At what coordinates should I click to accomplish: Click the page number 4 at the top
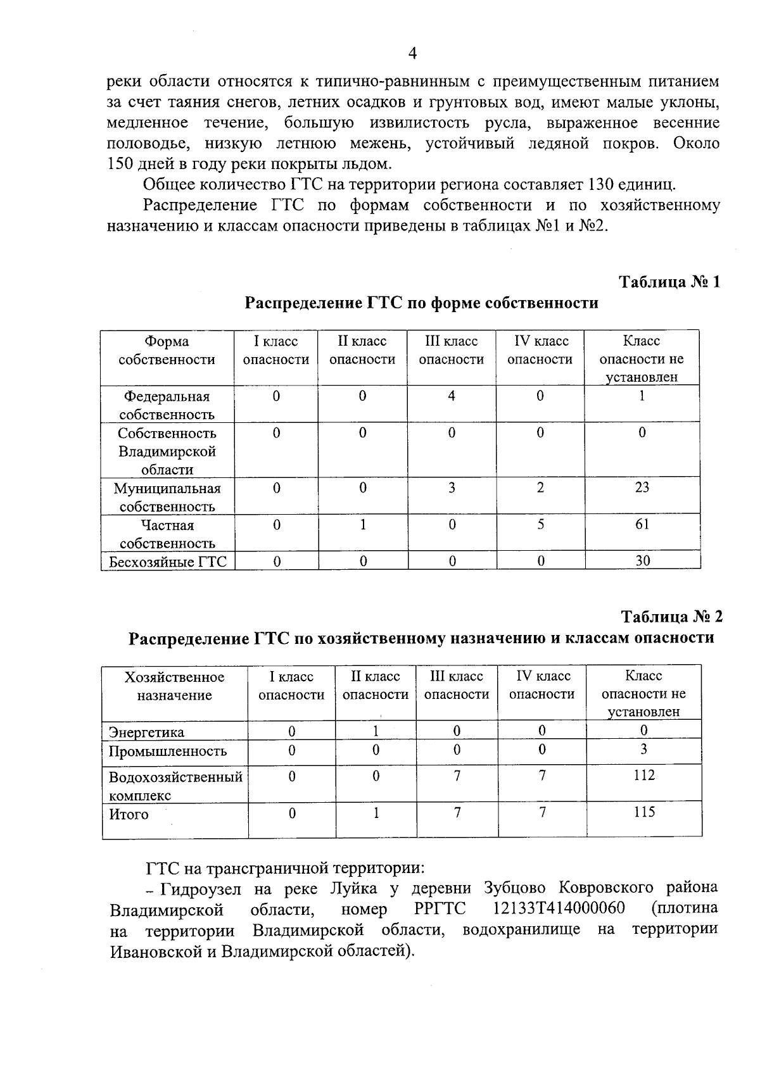tap(412, 54)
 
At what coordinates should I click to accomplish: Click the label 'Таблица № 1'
tap(669, 282)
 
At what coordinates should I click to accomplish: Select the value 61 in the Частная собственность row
tap(642, 524)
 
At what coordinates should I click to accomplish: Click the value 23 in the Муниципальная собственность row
tap(642, 487)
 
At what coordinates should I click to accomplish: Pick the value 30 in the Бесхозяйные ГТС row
tap(642, 561)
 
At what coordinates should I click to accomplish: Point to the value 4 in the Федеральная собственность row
tap(452, 396)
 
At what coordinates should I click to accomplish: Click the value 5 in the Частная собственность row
tap(540, 524)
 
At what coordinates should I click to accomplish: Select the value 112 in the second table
tap(643, 776)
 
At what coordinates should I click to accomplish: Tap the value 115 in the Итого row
tap(643, 812)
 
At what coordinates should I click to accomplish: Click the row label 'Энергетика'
tap(146, 732)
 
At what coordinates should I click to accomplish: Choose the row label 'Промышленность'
tap(168, 751)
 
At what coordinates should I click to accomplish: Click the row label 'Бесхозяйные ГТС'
tap(168, 562)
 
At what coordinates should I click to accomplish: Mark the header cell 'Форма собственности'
tap(167, 351)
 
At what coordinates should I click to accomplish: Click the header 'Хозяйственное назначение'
tap(175, 686)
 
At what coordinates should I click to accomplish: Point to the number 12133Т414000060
tap(559, 908)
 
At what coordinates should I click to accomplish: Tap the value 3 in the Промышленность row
tap(643, 750)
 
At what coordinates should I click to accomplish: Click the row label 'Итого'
tap(129, 815)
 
